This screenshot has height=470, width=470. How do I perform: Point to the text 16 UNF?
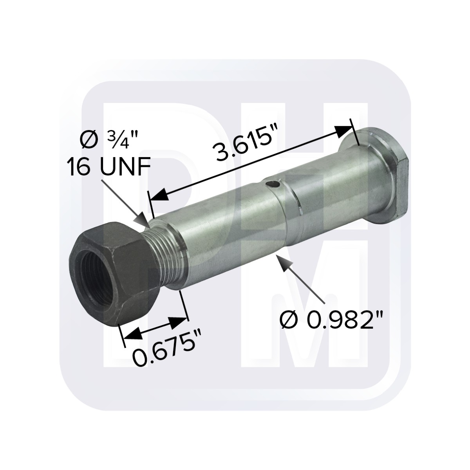pyautogui.click(x=108, y=168)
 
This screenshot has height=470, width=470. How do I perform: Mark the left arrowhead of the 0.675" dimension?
pyautogui.click(x=131, y=334)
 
